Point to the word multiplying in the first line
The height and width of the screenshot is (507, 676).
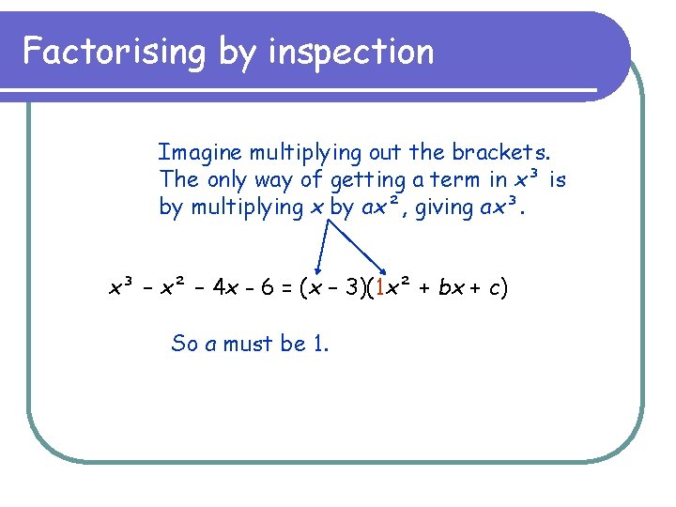pyautogui.click(x=299, y=152)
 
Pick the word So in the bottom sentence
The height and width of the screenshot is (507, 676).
pyautogui.click(x=184, y=344)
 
